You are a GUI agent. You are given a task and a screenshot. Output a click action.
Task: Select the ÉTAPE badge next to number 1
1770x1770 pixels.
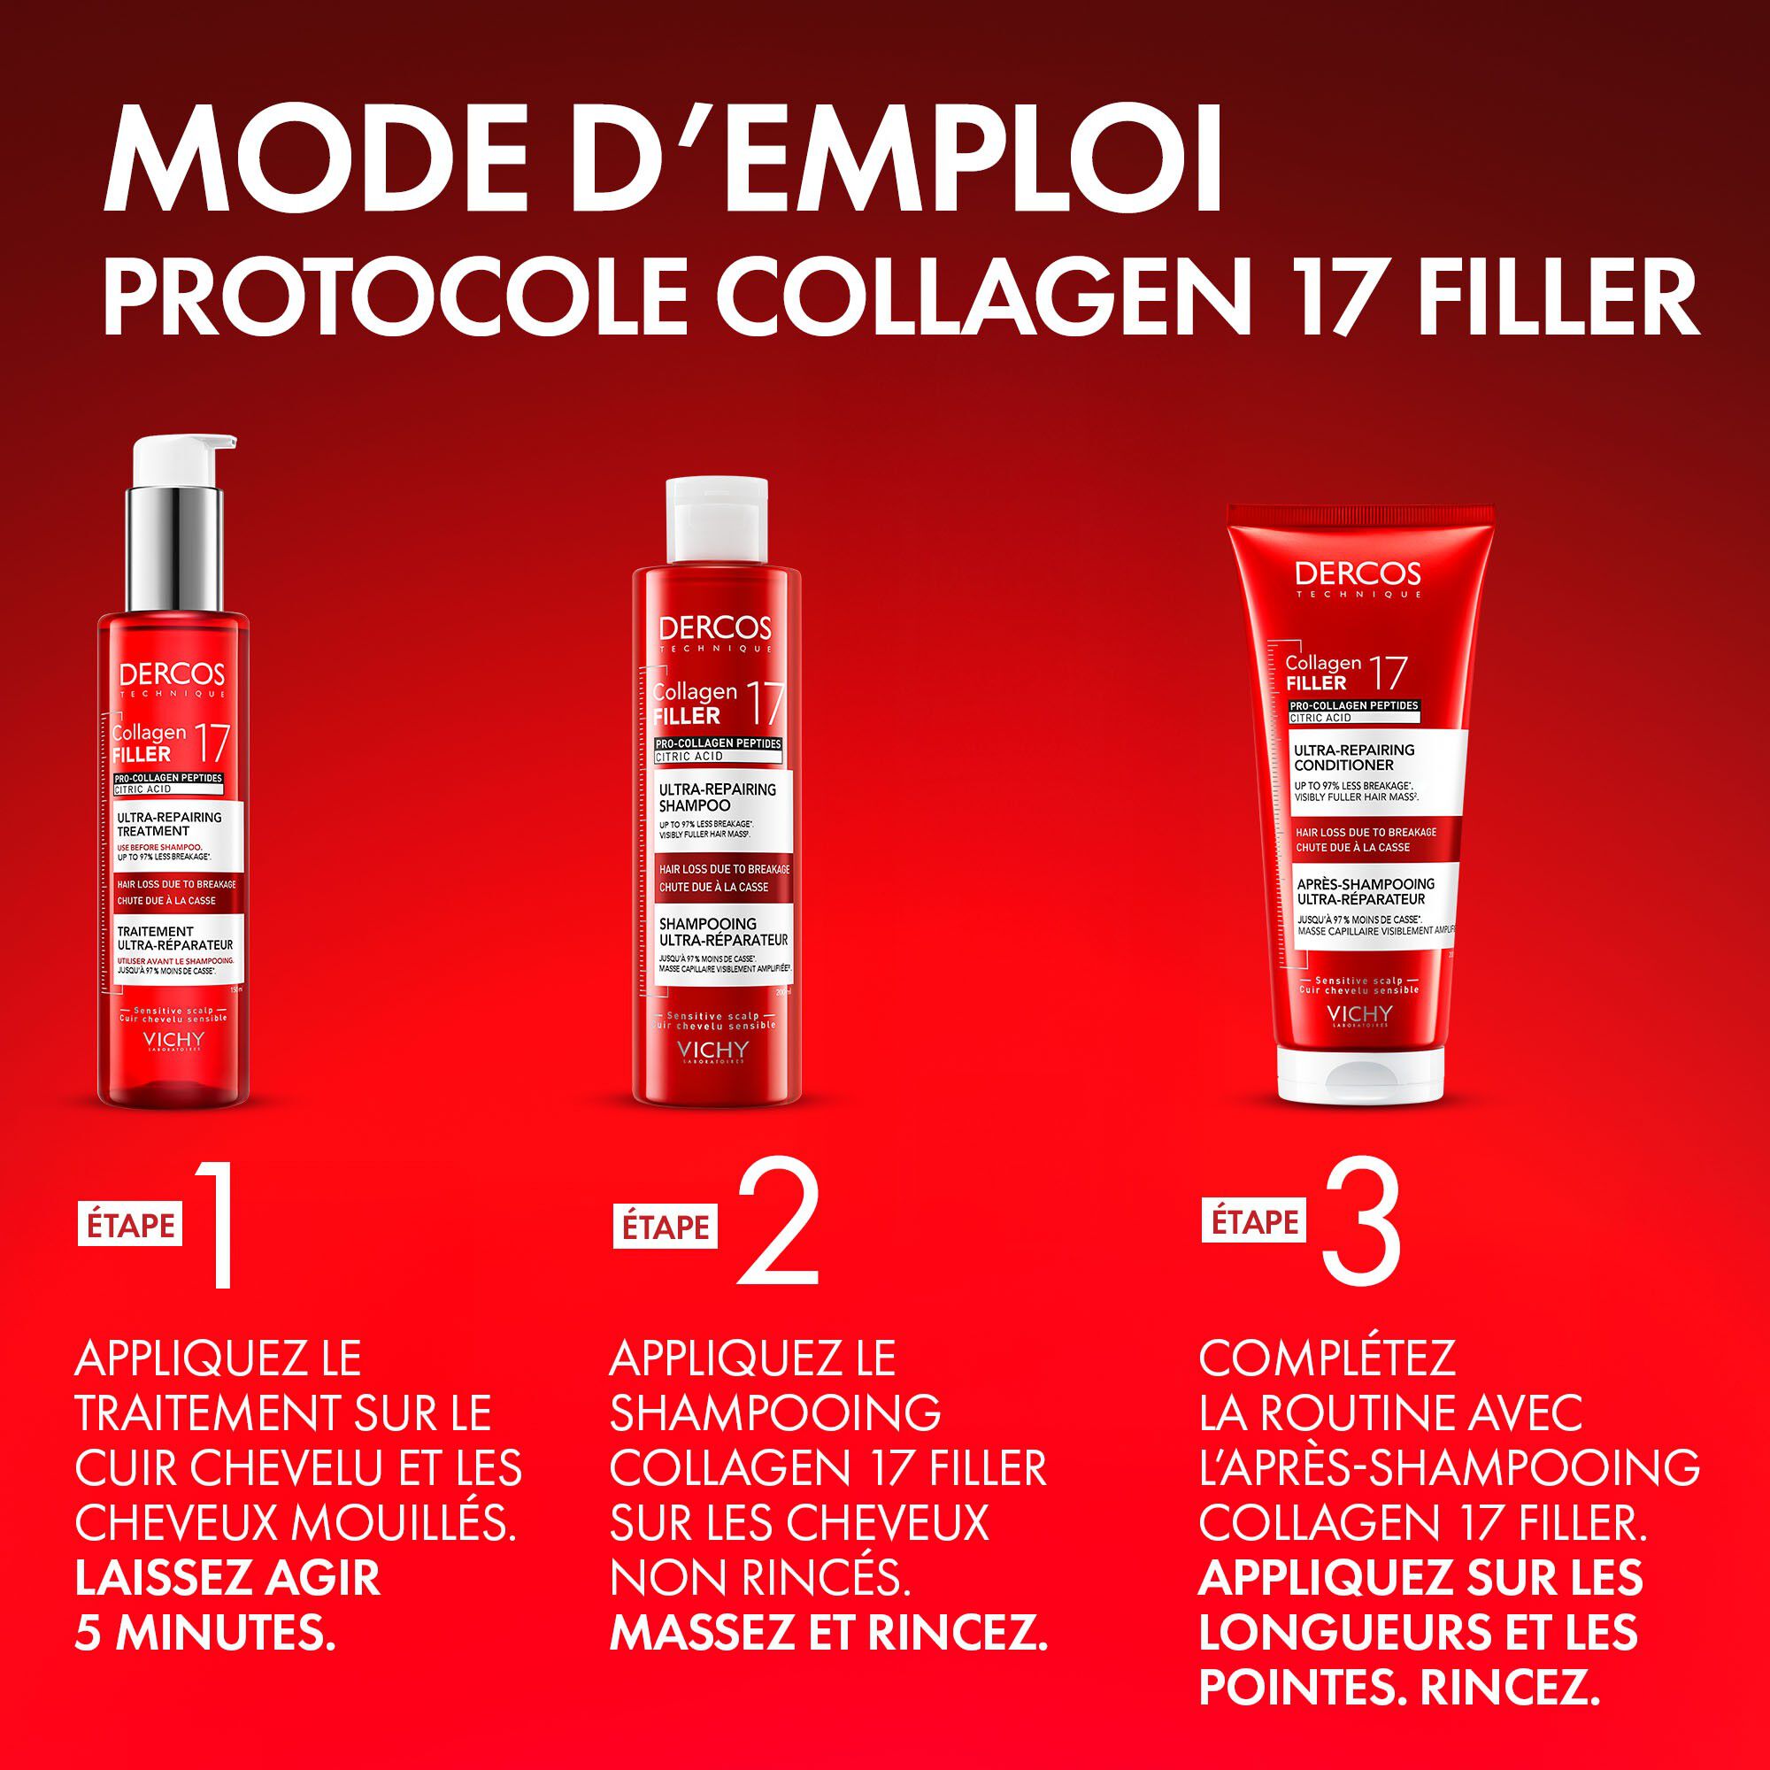(x=130, y=1226)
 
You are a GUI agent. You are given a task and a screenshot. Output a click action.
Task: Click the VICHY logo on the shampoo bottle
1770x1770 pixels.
(x=712, y=1050)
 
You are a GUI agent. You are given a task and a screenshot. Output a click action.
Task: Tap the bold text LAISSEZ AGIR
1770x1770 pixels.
(x=227, y=1578)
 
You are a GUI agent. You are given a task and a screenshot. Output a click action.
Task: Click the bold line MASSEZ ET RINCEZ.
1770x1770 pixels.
(x=828, y=1634)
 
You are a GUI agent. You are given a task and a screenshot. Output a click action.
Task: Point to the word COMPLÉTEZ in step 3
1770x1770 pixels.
(x=1327, y=1358)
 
